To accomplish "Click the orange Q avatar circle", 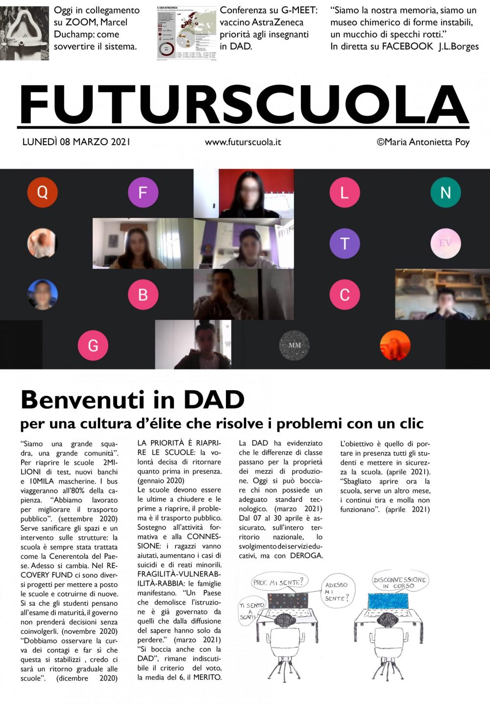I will (43, 192).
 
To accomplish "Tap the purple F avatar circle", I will (143, 192).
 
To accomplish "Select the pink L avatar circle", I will (344, 192).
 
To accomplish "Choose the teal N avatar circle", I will (445, 192).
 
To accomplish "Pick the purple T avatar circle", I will (344, 243).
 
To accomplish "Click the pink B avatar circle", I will (143, 294).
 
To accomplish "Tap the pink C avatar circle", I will (344, 294).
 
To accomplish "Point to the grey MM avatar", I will (294, 345).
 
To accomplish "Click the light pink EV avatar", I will (445, 243).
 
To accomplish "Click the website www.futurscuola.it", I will (243, 142).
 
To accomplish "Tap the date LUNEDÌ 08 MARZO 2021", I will (76, 142).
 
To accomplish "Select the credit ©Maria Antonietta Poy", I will (423, 142).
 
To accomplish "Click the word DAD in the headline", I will (214, 400).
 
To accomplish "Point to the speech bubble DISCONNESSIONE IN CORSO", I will (399, 582).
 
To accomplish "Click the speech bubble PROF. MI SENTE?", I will (278, 582).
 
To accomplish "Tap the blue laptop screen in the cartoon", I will (388, 600).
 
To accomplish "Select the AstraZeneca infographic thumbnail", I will (187, 33).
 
